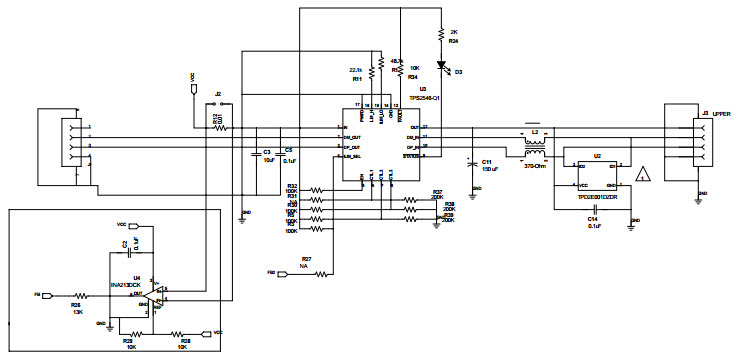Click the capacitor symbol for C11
click(x=472, y=160)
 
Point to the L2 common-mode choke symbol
click(x=534, y=147)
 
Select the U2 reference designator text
click(x=597, y=156)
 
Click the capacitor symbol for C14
click(x=594, y=210)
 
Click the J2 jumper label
click(x=217, y=93)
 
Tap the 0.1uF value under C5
click(x=289, y=160)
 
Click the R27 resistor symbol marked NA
click(x=317, y=272)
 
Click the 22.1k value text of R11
click(x=355, y=70)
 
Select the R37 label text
click(x=437, y=192)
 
